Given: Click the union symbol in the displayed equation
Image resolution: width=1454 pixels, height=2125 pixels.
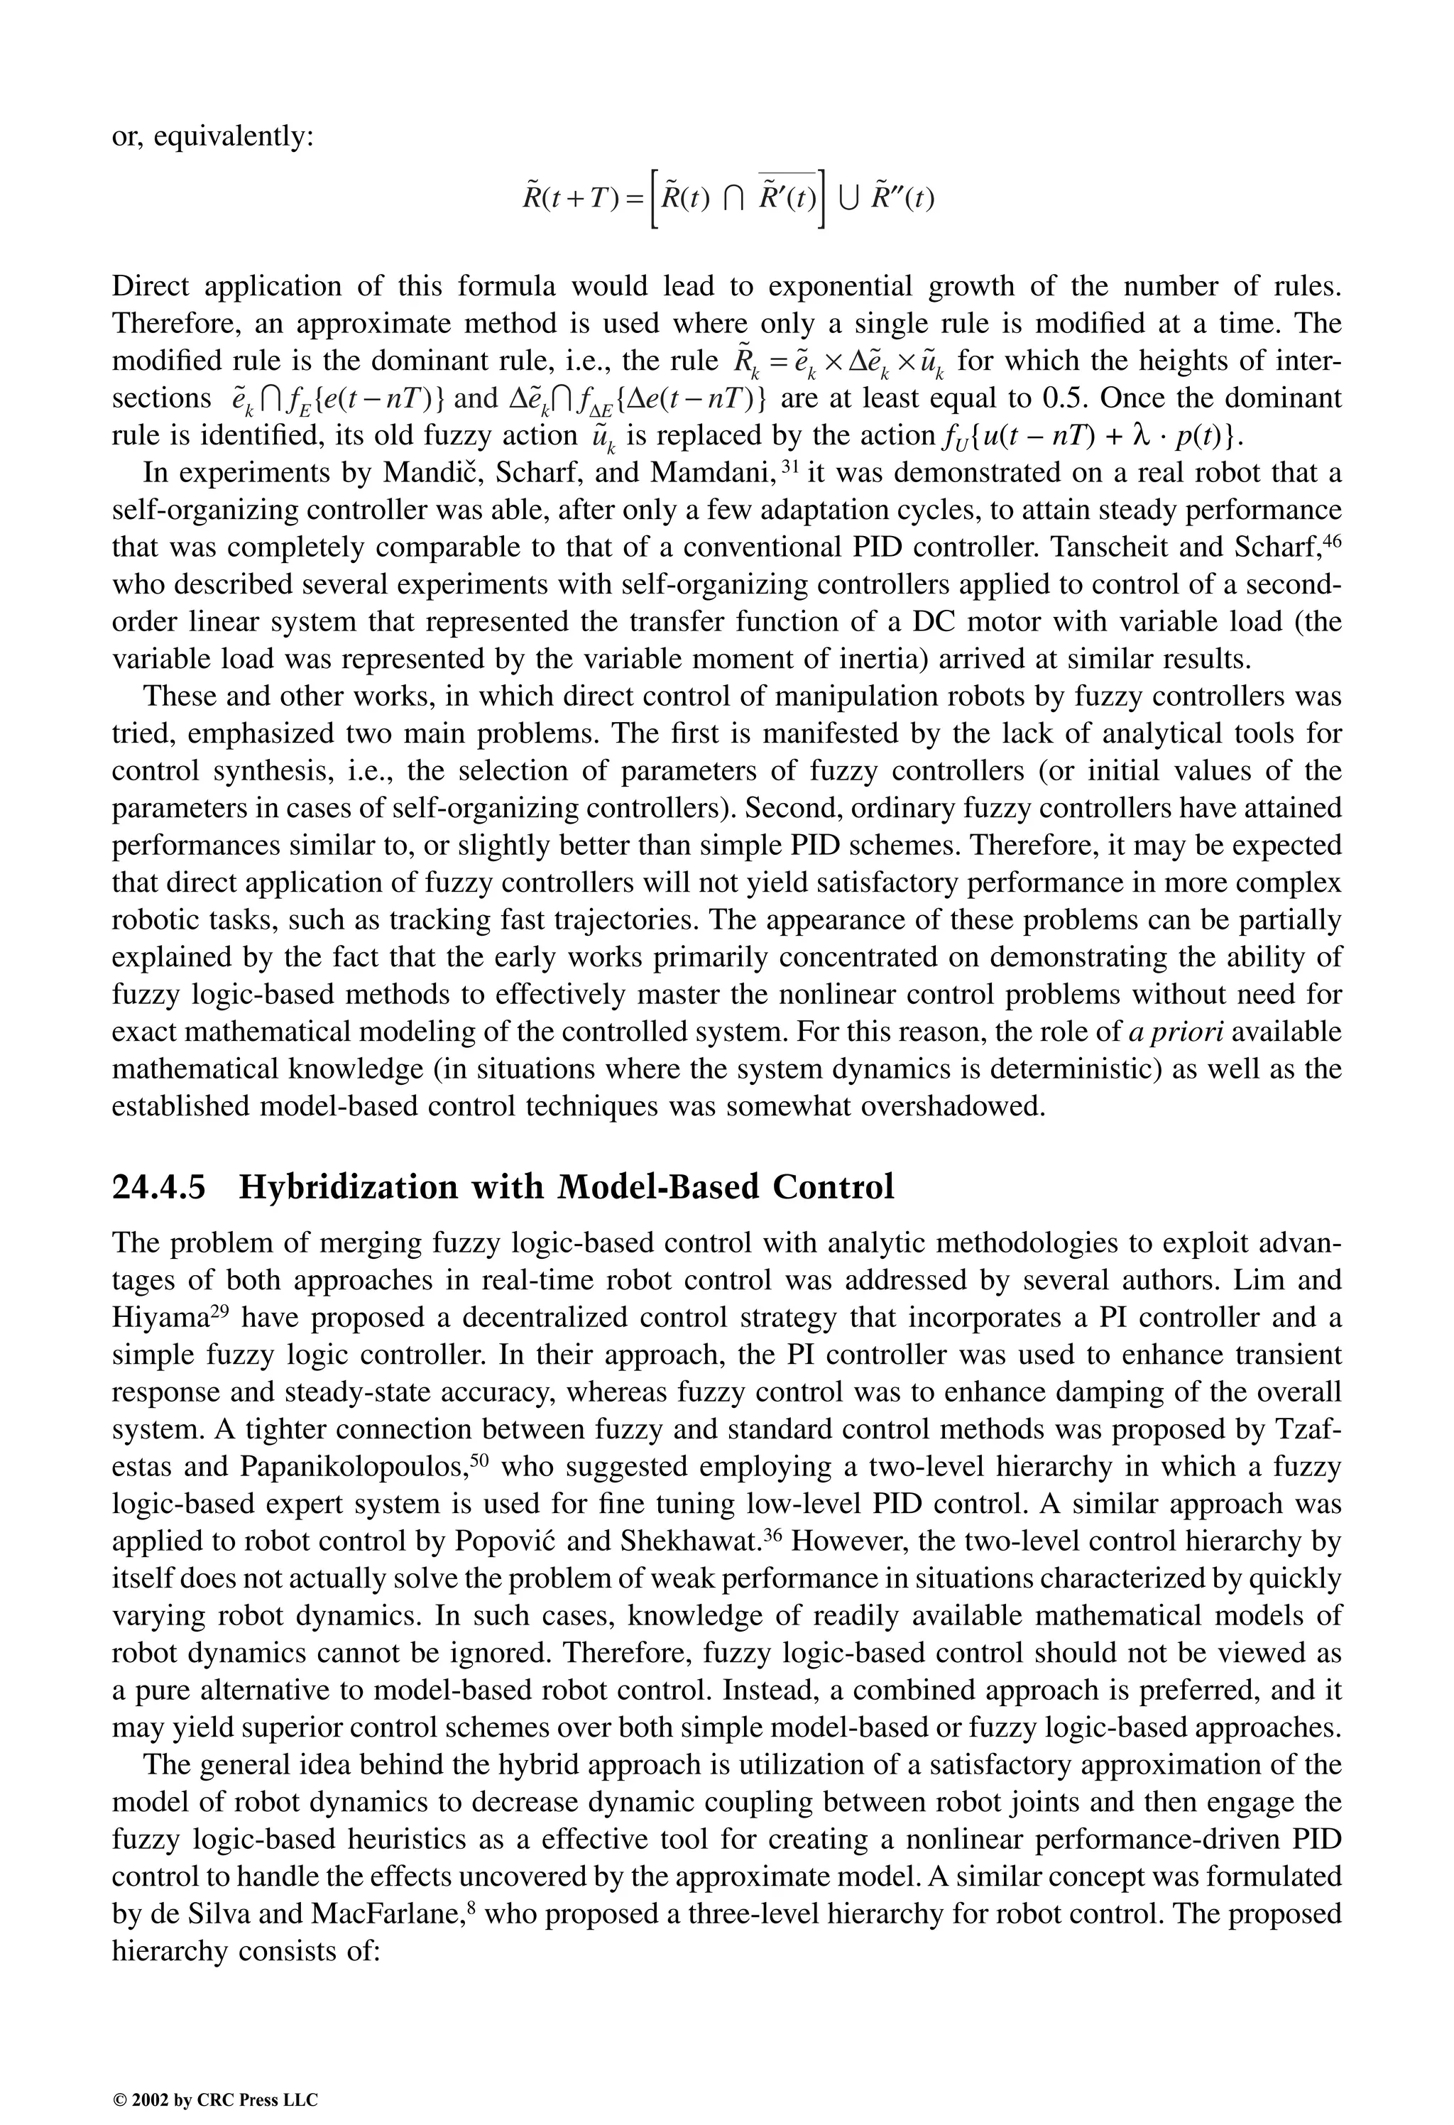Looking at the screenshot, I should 844,197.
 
